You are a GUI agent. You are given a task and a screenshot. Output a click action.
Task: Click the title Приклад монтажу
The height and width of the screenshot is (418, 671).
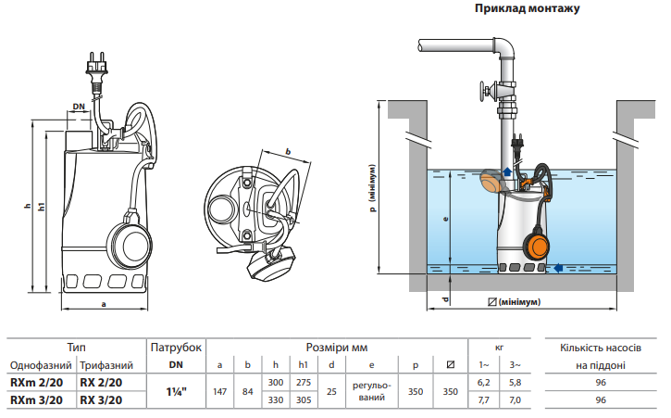527,8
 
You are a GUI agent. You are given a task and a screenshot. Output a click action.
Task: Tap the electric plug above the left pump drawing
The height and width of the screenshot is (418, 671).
96,70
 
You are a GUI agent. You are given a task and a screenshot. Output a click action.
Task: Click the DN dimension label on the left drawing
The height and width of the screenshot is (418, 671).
79,107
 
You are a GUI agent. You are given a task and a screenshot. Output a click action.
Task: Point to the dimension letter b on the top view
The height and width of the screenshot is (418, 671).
288,151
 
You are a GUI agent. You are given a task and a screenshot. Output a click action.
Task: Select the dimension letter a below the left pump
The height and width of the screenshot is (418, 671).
104,304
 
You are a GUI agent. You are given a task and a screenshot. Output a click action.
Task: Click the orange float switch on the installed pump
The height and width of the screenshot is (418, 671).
537,244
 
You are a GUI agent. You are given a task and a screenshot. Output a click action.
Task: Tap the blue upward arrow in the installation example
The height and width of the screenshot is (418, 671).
507,171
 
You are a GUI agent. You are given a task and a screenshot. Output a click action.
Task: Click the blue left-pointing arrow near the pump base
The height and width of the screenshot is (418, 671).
557,268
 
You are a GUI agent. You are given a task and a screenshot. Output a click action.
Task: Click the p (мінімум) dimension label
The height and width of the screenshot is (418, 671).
372,188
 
